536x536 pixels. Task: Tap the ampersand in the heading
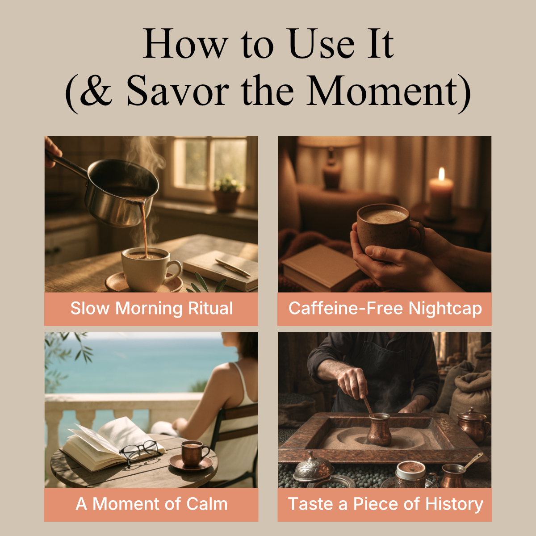click(x=96, y=91)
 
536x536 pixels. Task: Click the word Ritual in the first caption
click(x=210, y=308)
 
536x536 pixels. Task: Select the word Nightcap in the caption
click(x=445, y=309)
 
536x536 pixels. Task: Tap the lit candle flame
click(x=441, y=174)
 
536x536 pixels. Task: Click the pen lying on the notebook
click(x=233, y=268)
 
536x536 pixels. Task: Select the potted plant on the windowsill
click(x=227, y=193)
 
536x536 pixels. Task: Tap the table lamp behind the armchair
click(x=331, y=161)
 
